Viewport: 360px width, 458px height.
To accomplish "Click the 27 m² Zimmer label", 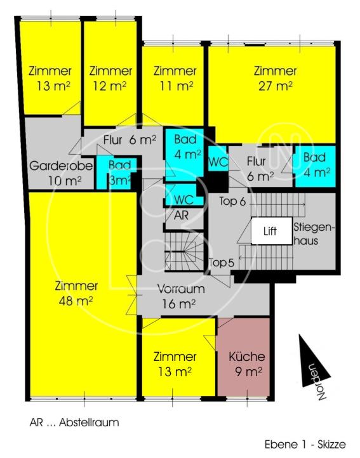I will point(274,78).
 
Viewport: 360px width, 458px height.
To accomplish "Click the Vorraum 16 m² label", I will point(181,296).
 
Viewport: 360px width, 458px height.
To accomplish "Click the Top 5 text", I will point(222,261).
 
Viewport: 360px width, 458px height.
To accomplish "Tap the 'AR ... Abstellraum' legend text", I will point(74,422).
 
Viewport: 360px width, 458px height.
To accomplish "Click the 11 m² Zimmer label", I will point(175,78).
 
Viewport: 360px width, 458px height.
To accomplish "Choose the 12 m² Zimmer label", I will point(110,78).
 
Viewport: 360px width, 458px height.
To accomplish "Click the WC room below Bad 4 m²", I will point(180,198).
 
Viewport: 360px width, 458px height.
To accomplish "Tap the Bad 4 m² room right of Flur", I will point(315,165).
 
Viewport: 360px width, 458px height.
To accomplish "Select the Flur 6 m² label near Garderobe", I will point(129,140).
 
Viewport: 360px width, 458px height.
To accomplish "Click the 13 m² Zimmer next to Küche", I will point(175,364).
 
